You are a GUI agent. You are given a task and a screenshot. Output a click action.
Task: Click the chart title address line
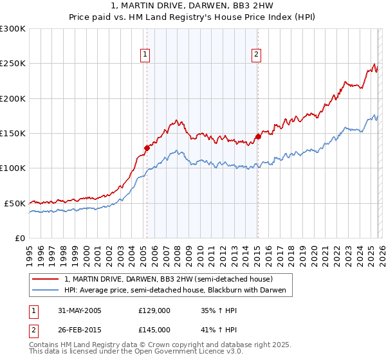tap(193, 6)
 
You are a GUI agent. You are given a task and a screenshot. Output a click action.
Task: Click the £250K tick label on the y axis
tap(13, 64)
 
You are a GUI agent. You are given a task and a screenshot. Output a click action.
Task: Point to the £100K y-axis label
tap(13, 168)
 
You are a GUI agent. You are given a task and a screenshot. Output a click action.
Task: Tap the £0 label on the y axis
tap(21, 238)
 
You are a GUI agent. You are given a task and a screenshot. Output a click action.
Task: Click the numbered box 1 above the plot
tap(146, 55)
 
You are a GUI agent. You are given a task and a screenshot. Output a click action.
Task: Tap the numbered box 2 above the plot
tap(256, 55)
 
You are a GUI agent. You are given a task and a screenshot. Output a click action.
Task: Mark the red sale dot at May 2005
tap(147, 148)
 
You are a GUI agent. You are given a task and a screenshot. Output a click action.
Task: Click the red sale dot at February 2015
tap(258, 136)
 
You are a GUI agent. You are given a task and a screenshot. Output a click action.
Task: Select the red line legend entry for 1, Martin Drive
tap(169, 279)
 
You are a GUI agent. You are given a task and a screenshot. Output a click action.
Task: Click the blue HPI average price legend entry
tap(179, 290)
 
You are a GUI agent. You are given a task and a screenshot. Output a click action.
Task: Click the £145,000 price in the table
tap(154, 329)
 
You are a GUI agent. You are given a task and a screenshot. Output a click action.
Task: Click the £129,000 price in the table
tap(154, 310)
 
